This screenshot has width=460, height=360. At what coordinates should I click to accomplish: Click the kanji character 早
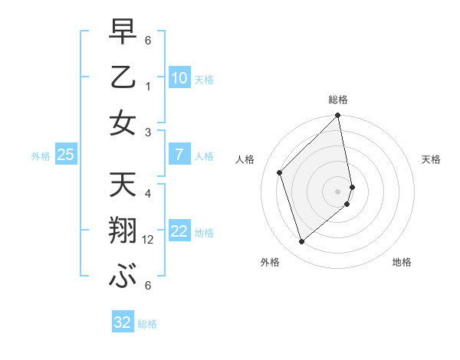(x=123, y=32)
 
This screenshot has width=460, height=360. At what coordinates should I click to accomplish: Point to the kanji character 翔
(x=123, y=229)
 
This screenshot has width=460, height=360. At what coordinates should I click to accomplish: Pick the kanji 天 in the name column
(x=123, y=185)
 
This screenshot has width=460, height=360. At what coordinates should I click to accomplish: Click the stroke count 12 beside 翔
(x=149, y=241)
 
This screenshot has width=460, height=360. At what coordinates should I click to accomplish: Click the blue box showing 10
(x=179, y=78)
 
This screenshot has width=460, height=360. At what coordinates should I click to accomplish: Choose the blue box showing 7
(x=179, y=155)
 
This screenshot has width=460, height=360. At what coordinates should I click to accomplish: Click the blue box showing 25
(x=65, y=155)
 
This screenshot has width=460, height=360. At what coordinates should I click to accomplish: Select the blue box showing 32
(x=123, y=322)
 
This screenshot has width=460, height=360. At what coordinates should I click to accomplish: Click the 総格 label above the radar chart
(x=338, y=100)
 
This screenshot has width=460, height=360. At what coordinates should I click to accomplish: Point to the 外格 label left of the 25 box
(x=41, y=156)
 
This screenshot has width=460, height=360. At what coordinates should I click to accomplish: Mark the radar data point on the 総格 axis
(x=338, y=116)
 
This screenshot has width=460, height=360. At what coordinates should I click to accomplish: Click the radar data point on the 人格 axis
(x=280, y=172)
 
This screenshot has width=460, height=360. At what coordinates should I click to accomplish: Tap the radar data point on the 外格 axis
(x=301, y=242)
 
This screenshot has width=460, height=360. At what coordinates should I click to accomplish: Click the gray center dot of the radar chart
(x=338, y=191)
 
